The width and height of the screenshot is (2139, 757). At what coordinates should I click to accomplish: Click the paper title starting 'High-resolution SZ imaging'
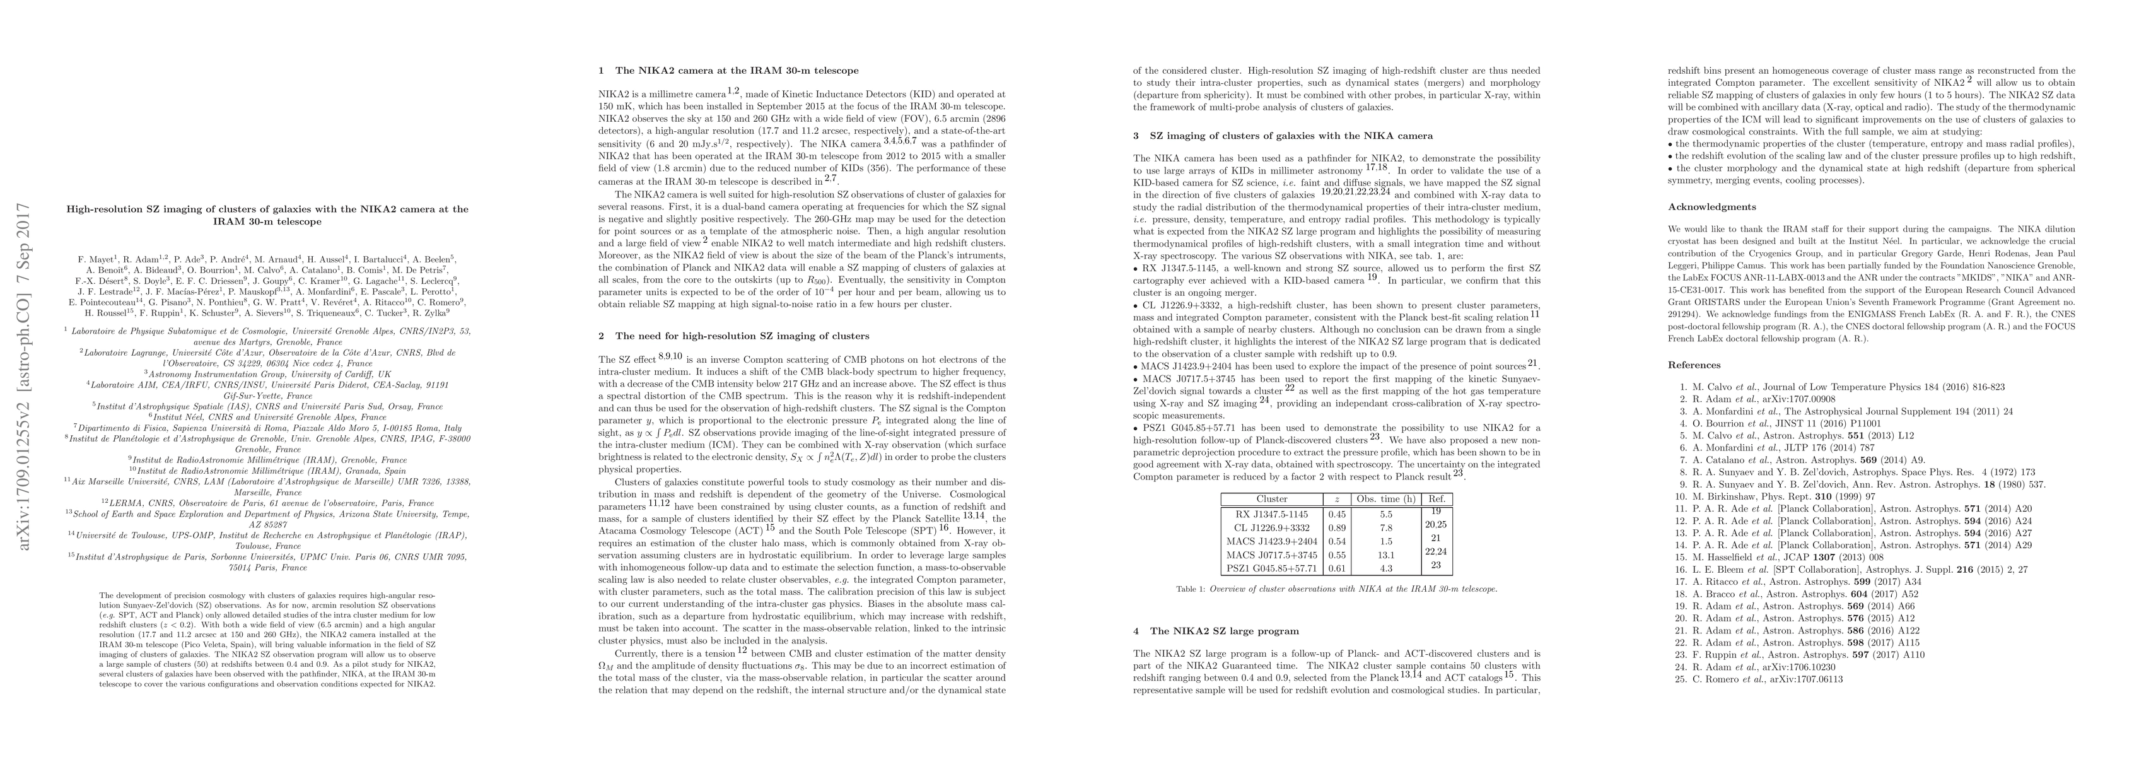(x=267, y=215)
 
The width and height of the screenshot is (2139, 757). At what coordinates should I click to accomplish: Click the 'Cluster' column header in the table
(x=1272, y=498)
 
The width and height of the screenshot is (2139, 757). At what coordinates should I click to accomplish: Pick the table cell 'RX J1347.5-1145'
(x=1272, y=514)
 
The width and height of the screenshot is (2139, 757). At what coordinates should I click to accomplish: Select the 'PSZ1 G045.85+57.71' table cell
(x=1272, y=568)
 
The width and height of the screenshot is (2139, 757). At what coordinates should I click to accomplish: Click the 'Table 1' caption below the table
(x=1336, y=589)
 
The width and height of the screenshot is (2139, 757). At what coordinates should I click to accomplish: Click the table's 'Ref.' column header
(x=1436, y=498)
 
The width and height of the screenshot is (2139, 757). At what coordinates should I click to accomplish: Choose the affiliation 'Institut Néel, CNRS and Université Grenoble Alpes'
(x=267, y=417)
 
